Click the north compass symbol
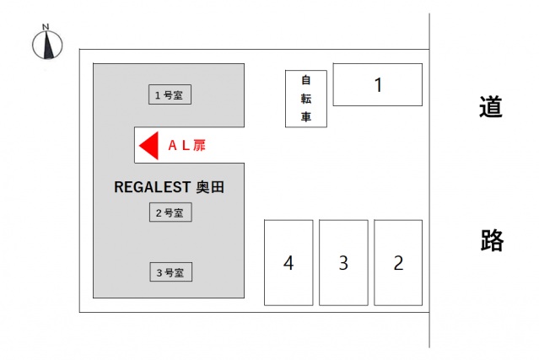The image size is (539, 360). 47,46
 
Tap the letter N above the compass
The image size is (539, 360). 46,27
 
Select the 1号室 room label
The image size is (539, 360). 170,95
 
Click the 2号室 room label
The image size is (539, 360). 170,212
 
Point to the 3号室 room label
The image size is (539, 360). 170,272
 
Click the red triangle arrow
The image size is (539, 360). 148,145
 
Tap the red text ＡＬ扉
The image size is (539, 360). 186,145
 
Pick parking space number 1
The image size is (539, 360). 378,84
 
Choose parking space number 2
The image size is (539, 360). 398,262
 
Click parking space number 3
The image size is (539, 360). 343,262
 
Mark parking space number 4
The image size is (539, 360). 288,262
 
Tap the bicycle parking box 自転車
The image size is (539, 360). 306,99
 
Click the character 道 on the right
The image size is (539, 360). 490,108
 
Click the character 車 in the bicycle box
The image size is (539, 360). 306,116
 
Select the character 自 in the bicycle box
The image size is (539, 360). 306,80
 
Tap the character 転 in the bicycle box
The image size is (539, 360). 306,99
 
